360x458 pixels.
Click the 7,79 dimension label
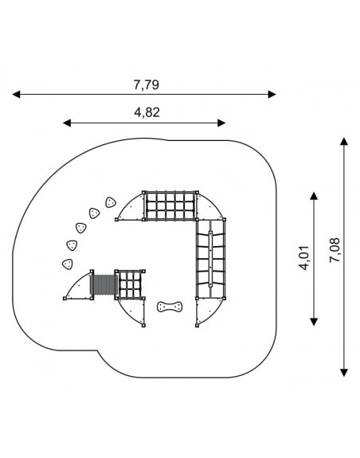147,84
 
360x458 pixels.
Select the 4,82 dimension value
147,112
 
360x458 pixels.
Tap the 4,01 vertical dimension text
305,258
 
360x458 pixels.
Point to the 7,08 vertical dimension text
335,250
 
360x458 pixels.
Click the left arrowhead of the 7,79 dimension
17,94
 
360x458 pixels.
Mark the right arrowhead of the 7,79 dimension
272,94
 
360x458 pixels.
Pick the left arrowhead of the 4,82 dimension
67,123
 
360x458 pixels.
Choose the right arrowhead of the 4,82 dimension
221,123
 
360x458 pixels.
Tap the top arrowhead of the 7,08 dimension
344,141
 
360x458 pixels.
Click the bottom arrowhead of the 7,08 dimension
344,373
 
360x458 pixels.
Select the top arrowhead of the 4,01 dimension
314,196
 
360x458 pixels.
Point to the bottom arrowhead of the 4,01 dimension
314,322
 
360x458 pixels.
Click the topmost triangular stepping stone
111,202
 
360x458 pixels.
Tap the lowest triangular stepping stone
68,264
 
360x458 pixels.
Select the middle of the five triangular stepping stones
81,228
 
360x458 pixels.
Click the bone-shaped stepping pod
170,307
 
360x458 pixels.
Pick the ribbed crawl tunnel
104,285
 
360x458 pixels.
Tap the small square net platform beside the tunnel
130,284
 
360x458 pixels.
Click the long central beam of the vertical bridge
210,259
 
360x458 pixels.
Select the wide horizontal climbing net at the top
170,206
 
